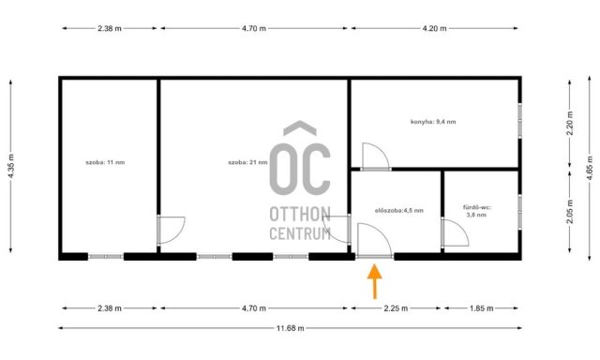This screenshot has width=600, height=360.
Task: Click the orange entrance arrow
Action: click(375, 281)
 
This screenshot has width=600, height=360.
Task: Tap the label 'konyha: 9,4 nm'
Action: click(433, 122)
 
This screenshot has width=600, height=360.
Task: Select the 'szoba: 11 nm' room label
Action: click(105, 162)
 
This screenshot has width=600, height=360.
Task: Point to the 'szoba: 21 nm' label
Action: click(247, 162)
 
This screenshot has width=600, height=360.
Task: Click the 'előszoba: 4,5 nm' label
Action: click(399, 210)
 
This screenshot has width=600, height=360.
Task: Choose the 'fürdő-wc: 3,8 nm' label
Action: click(477, 211)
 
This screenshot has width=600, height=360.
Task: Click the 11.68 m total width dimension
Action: click(290, 328)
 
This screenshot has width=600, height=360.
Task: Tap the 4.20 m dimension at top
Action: click(434, 28)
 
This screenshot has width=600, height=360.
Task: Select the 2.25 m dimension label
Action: click(396, 308)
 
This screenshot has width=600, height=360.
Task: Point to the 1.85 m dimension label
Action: click(481, 308)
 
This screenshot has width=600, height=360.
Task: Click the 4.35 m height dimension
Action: click(10, 166)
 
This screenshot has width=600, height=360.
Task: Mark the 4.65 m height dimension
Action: click(590, 169)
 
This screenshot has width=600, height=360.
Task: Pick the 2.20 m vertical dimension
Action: click(570, 123)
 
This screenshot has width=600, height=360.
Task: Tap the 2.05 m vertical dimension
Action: click(570, 212)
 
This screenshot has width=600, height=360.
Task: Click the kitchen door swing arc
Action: click(383, 150)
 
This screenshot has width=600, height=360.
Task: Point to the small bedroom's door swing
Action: click(179, 234)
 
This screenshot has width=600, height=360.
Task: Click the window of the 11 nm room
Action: click(106, 257)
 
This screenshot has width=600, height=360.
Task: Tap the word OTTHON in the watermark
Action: click(300, 215)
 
